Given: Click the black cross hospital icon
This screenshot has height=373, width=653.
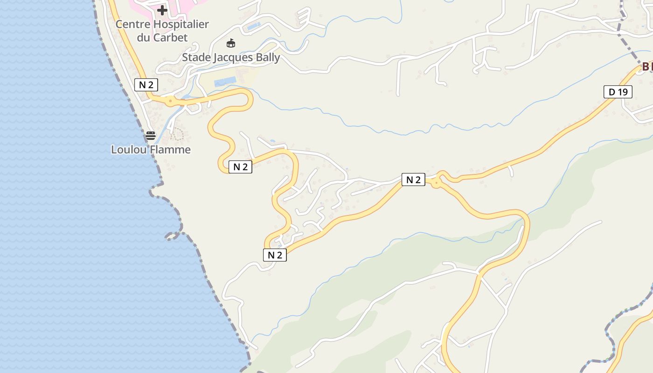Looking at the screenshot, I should click(162, 10).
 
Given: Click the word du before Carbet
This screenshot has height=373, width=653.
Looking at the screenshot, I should click(145, 38).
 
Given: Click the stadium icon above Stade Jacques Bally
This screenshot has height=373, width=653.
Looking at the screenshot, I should click(230, 43).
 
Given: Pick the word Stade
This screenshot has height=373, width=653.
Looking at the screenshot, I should click(196, 58).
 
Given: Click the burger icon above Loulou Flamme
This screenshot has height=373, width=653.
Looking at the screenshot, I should click(150, 136).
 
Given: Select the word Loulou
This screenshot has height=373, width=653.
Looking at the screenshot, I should click(127, 150).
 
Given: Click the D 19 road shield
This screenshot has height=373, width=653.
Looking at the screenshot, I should click(618, 92).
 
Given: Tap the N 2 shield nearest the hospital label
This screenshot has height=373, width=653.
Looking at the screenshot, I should click(146, 84).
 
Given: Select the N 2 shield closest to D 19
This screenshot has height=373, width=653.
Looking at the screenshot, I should click(413, 180).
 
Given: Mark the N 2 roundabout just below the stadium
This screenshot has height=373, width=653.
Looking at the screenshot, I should click(171, 100).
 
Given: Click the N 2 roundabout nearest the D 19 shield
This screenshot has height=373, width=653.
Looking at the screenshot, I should click(436, 183).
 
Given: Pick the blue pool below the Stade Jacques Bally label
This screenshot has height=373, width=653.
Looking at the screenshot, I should click(225, 83).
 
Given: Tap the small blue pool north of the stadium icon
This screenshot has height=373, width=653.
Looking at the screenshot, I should click(253, 27).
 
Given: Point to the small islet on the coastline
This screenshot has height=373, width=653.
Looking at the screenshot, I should click(172, 236).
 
